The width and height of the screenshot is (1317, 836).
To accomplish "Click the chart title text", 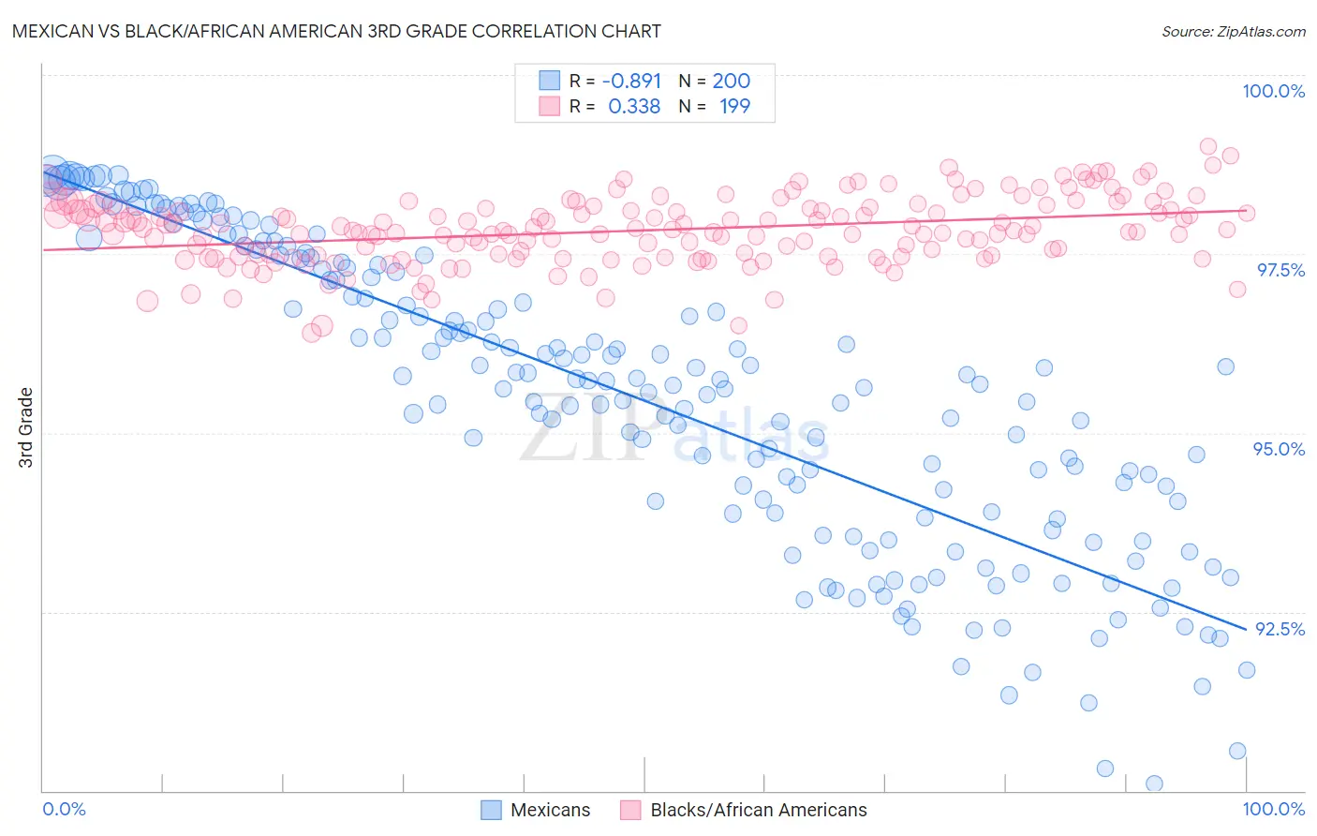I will (337, 31).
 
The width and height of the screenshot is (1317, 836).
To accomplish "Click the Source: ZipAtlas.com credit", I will (1233, 31).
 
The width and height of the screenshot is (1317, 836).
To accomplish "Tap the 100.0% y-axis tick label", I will (1273, 91).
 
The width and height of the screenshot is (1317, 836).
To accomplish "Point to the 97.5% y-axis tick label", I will (1280, 270).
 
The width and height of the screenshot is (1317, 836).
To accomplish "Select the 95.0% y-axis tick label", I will (1279, 449).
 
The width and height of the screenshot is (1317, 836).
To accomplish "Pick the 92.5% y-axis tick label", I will (1280, 629).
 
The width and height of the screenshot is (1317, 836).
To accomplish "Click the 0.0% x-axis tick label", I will (64, 809).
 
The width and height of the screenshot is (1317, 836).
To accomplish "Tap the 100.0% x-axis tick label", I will (1273, 809).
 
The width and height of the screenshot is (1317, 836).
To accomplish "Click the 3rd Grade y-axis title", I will (26, 427).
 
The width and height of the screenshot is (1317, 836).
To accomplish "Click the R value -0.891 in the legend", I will (631, 81).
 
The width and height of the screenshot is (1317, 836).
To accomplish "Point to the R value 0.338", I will (634, 107).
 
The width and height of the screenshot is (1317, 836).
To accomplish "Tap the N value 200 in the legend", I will (732, 81).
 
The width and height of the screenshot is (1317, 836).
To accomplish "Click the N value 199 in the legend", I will (734, 107).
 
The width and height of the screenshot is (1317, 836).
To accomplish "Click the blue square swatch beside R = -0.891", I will (549, 81).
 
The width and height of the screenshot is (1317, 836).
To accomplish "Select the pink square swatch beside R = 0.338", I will (549, 107).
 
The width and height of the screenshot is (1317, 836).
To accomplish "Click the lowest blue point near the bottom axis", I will (1154, 784).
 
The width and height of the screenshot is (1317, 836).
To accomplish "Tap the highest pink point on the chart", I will (1208, 146).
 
